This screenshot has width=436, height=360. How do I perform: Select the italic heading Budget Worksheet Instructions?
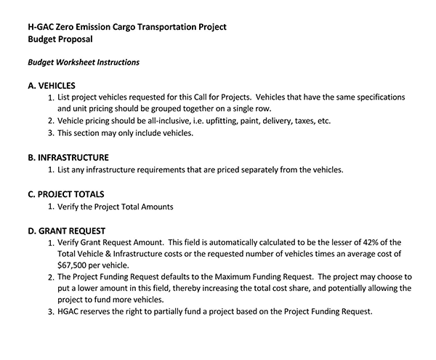coord(84,63)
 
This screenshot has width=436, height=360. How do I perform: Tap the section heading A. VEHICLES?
coord(56,85)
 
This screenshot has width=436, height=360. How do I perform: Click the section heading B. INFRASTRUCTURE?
coord(68,156)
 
